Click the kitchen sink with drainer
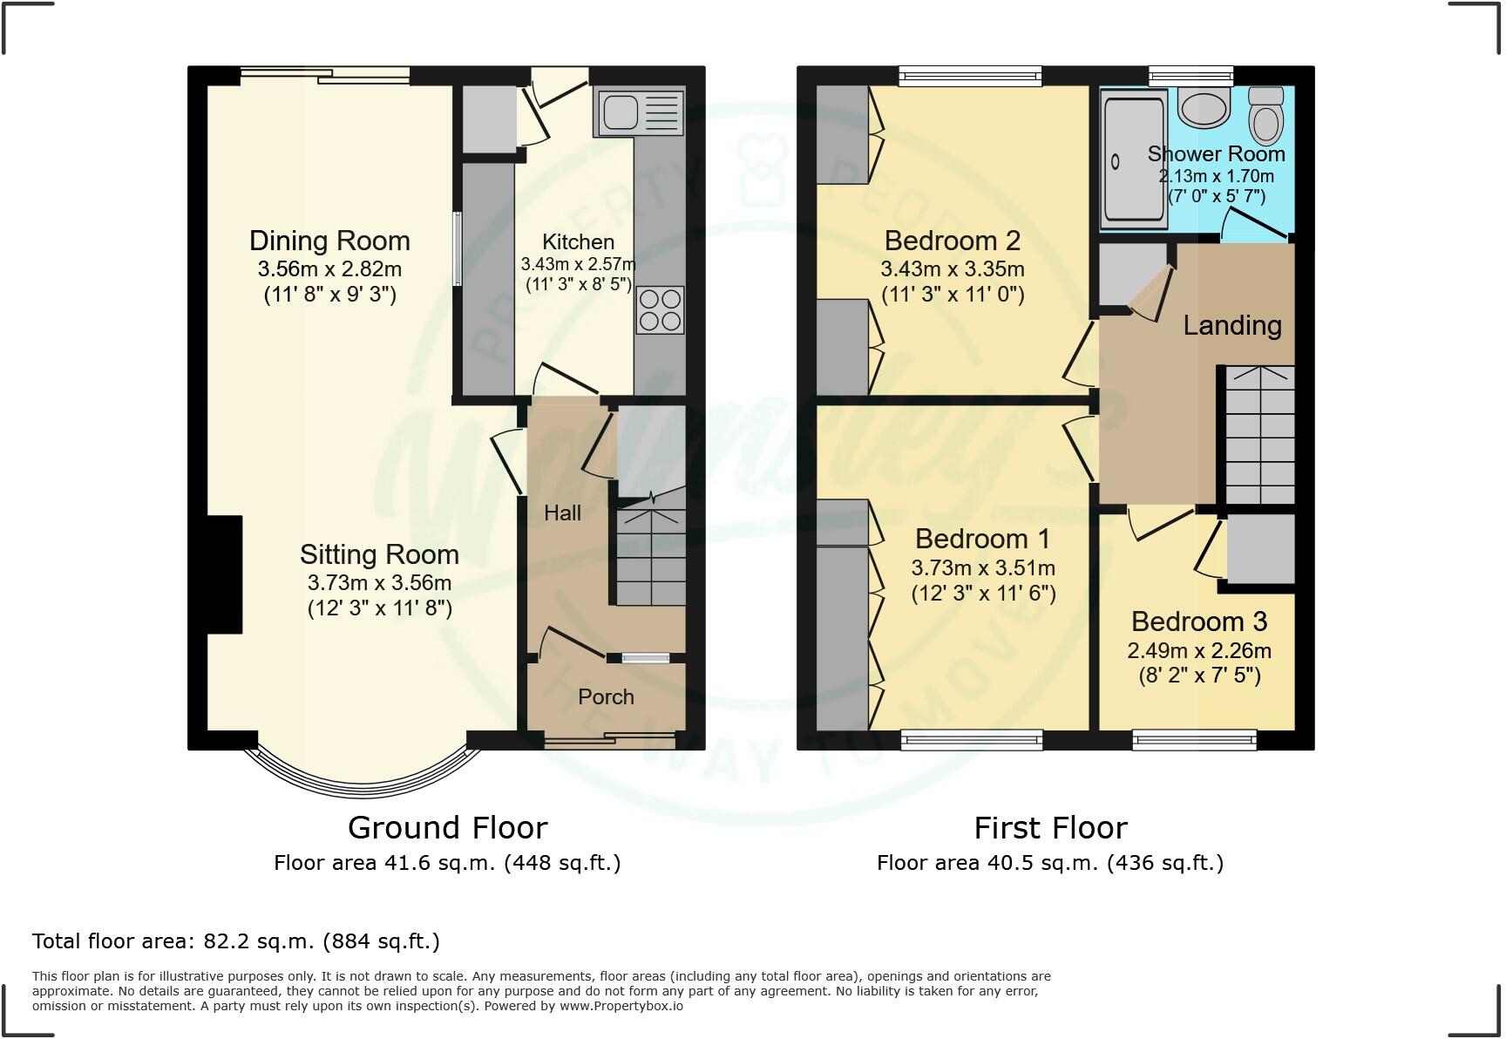[x=639, y=112]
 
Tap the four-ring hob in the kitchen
[x=660, y=310]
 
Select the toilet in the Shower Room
[x=1265, y=114]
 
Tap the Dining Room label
[x=329, y=241]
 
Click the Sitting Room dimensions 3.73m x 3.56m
[x=379, y=582]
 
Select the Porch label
[x=606, y=696]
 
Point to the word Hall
[x=562, y=513]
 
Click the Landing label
[x=1231, y=326]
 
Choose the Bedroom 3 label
[x=1198, y=621]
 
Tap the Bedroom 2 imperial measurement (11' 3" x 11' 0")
[x=953, y=295]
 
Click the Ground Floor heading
[x=448, y=827]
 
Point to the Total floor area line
[x=236, y=941]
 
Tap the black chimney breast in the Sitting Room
[x=224, y=574]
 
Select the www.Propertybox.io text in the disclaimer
[x=621, y=1006]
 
